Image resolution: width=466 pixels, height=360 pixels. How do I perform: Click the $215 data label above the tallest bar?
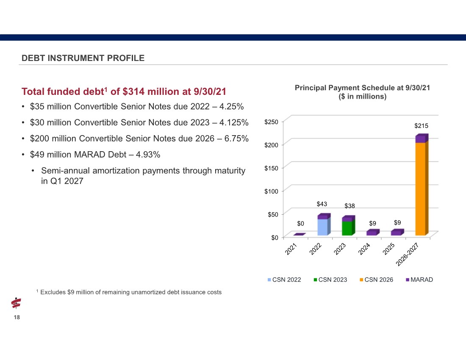(x=421, y=126)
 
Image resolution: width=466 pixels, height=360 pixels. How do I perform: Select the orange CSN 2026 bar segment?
(x=420, y=188)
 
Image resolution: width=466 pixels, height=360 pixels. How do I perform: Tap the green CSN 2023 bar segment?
(x=347, y=228)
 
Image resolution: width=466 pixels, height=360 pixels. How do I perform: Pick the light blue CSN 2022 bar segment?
(x=322, y=227)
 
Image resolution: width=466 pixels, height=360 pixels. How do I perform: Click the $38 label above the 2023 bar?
(x=349, y=206)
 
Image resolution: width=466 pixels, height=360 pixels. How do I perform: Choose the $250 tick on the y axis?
(x=271, y=122)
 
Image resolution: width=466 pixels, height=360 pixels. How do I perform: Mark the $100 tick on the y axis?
(x=271, y=191)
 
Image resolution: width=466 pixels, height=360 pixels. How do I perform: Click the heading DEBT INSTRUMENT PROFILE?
(x=83, y=58)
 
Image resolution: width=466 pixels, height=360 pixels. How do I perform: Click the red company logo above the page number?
(x=16, y=303)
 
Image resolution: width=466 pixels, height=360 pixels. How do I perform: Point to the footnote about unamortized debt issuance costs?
(x=129, y=292)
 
